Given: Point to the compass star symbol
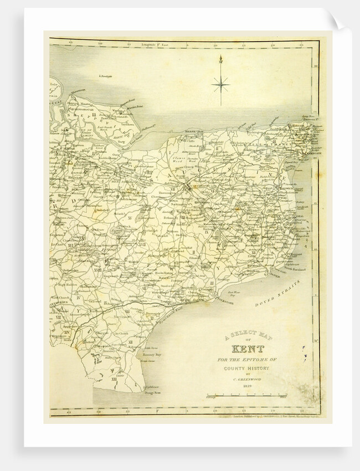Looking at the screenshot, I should coord(220,84).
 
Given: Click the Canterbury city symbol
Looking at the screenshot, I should coord(188,187).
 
